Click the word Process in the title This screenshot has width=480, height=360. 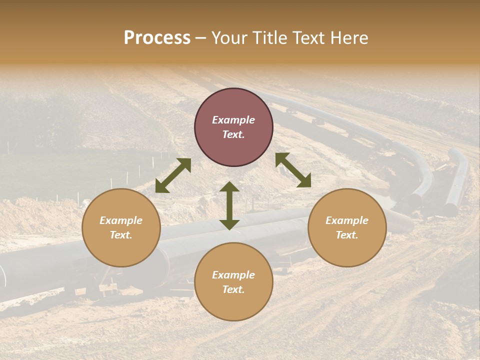coord(157,38)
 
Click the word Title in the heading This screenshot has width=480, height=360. coord(267,38)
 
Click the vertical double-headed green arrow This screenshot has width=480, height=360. coord(229,205)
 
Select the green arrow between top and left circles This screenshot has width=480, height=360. coord(173,175)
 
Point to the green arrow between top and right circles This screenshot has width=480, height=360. coord(293,170)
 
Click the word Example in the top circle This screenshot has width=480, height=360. coord(233,120)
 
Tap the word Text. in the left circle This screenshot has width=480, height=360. coord(121,235)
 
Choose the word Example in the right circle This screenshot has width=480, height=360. coord(347,220)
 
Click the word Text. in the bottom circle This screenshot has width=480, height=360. coord(233,289)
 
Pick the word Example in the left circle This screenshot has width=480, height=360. coord(121,220)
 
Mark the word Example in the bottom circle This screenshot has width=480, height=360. coord(233,275)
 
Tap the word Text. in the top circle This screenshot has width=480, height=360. coord(233,134)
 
